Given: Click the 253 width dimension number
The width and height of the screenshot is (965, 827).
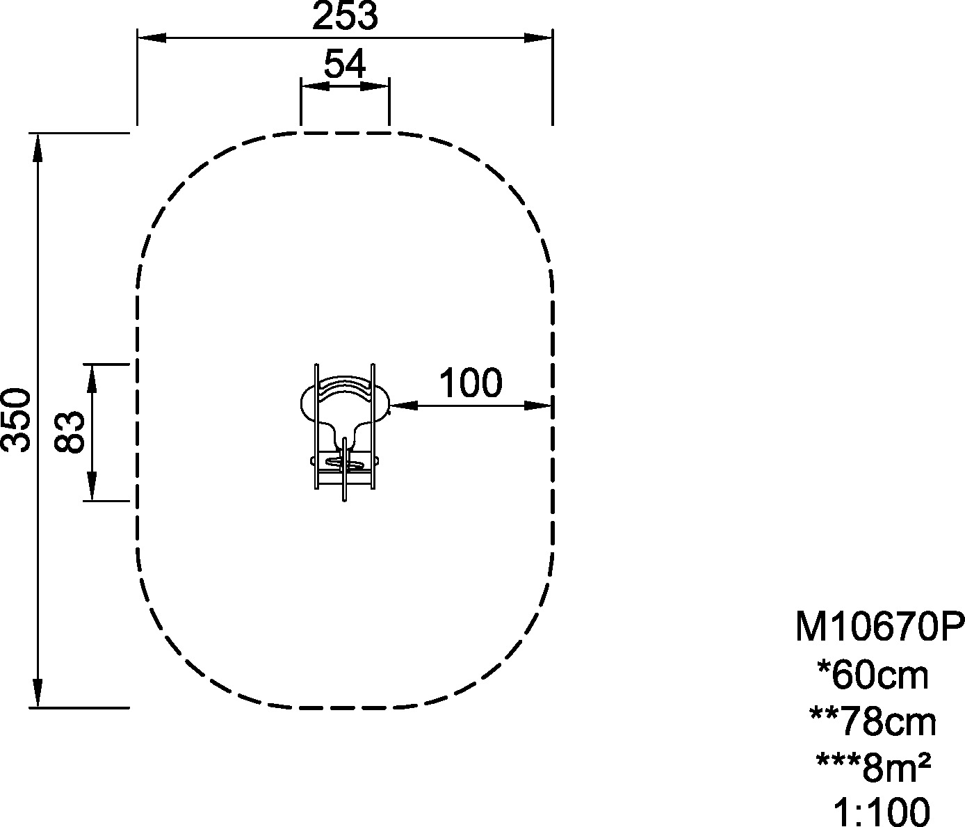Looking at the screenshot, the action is (x=345, y=16).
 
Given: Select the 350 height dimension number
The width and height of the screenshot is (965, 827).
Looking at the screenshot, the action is (x=17, y=420).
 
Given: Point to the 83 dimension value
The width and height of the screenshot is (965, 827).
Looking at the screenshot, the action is (x=70, y=432).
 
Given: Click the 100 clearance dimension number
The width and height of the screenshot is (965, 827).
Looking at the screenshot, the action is (x=471, y=383).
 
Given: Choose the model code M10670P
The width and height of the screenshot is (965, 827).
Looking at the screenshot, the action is (x=879, y=628).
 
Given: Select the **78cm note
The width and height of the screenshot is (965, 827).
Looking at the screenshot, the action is (x=873, y=723).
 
